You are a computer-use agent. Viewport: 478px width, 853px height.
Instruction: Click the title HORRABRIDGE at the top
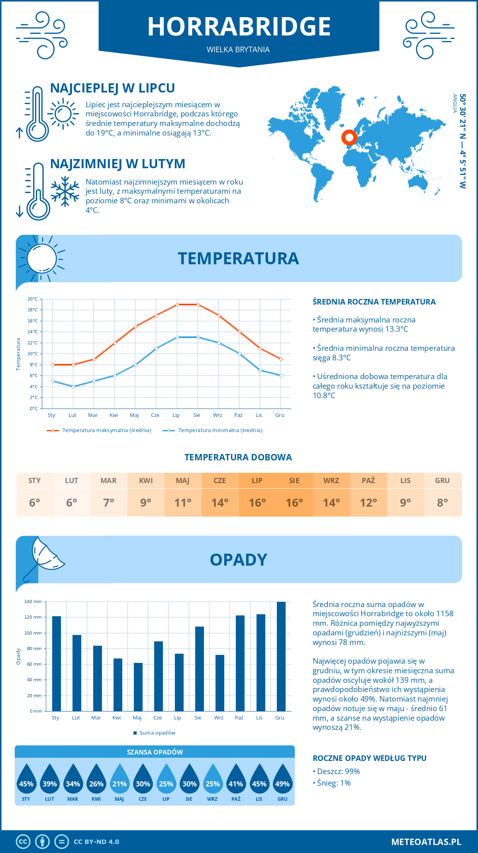(239, 27)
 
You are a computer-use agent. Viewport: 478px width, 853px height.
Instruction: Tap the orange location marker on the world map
(349, 138)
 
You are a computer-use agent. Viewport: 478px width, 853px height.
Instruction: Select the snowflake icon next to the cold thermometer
(65, 191)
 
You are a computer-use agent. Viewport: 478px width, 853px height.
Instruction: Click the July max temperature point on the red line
(177, 305)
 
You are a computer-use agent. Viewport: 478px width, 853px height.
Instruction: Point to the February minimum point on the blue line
(73, 387)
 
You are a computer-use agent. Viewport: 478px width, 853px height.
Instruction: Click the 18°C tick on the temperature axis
(33, 310)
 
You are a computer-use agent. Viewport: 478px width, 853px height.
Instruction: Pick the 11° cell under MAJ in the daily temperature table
(183, 503)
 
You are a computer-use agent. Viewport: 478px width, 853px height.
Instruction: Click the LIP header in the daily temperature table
(257, 480)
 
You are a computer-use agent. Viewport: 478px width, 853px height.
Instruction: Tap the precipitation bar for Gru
(281, 656)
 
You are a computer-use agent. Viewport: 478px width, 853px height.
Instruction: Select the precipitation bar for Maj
(138, 687)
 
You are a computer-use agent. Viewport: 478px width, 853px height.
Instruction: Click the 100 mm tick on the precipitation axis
(33, 633)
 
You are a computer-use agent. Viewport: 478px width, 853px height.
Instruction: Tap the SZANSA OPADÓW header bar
(155, 752)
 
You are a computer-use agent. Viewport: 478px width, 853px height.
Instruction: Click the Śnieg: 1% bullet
(332, 783)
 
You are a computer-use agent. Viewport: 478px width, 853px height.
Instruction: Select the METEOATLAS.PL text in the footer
(426, 842)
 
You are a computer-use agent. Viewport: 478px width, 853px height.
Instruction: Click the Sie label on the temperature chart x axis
(197, 415)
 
